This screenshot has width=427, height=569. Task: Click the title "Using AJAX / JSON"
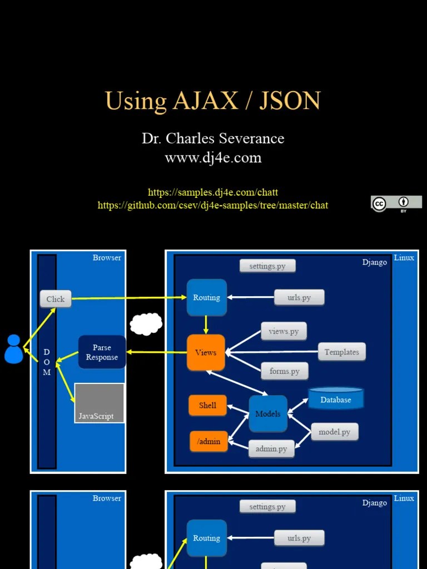click(213, 101)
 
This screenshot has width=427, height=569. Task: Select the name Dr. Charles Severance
click(213, 138)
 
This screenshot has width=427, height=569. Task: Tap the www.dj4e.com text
click(213, 158)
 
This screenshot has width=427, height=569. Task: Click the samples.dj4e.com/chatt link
click(213, 192)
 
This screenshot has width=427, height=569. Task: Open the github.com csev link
click(213, 206)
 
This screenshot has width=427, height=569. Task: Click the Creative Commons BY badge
click(396, 204)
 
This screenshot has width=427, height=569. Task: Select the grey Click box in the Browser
click(56, 299)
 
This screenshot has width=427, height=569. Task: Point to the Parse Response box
click(102, 352)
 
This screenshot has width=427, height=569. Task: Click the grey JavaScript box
click(99, 403)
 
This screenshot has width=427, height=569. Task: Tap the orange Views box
click(206, 352)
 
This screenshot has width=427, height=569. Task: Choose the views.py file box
click(284, 332)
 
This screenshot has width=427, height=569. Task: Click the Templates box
click(342, 352)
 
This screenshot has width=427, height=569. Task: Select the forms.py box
click(285, 371)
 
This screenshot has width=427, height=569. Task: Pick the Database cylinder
click(336, 398)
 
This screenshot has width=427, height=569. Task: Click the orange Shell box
click(207, 405)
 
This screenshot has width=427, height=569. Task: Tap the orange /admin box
click(208, 442)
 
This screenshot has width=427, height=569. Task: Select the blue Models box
click(268, 414)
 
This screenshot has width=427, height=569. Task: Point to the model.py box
click(334, 432)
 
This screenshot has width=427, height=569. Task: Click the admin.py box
click(271, 448)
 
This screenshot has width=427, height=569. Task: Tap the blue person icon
click(13, 350)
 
